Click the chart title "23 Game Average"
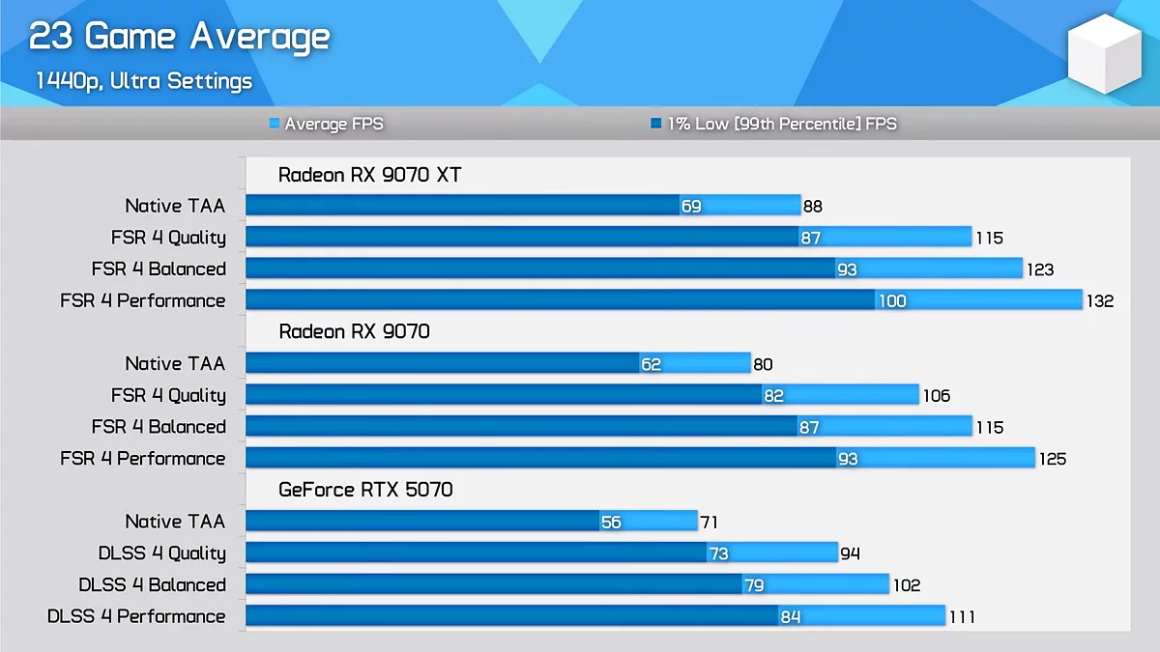(179, 37)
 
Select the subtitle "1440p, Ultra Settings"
(143, 81)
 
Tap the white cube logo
(1104, 54)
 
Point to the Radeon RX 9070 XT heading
(369, 175)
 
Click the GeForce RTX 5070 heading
(365, 490)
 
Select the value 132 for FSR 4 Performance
(1100, 301)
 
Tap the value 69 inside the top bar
(691, 207)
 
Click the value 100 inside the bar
(891, 301)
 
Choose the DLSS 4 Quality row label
(161, 553)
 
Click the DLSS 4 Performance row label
(136, 616)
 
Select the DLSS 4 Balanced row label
(152, 585)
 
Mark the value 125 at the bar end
(1053, 459)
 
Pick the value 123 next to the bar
(1040, 269)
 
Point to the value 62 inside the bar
(651, 364)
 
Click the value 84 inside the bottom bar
(791, 617)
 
